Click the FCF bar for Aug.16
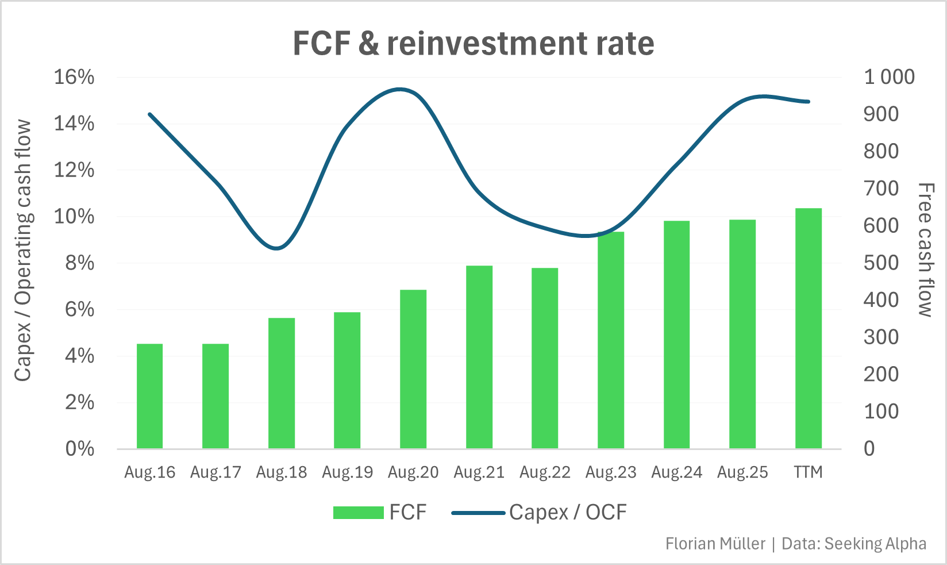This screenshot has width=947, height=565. point(149,396)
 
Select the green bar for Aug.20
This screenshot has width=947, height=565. point(413,369)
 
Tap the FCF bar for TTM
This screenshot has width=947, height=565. point(808,328)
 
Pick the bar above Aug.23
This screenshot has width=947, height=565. point(611,340)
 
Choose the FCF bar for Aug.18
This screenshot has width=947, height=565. point(282,383)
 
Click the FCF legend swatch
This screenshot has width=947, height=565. point(358,513)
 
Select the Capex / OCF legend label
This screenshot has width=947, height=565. point(568,512)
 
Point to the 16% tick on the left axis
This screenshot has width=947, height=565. point(74,77)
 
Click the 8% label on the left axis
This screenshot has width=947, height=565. point(79,263)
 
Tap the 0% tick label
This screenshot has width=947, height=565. point(79,449)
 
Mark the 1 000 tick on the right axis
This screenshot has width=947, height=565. point(889,77)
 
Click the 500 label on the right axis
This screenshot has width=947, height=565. point(881,263)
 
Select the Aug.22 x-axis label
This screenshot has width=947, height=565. point(545,472)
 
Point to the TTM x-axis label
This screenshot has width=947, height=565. point(808,472)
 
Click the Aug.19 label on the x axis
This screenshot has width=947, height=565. point(347,472)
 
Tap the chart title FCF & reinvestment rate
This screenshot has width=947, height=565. point(473,44)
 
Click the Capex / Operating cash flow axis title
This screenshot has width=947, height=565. point(23,250)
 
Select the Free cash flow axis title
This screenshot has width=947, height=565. point(924,250)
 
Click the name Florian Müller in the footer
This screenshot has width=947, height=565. point(715,544)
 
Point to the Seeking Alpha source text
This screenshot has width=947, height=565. point(875,544)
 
